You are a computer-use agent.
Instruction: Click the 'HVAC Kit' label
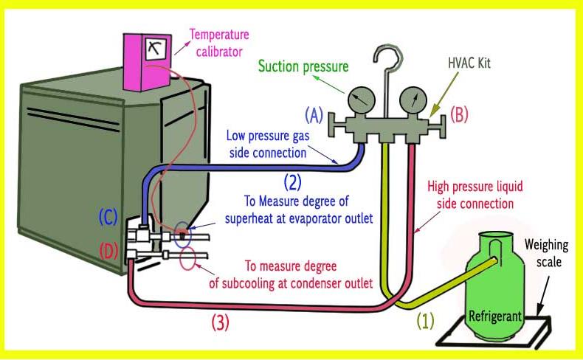pos(469,64)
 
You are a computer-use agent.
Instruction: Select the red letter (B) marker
pos(458,115)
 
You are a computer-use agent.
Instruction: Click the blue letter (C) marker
pos(109,218)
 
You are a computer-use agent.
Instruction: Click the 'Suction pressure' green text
pos(303,67)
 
